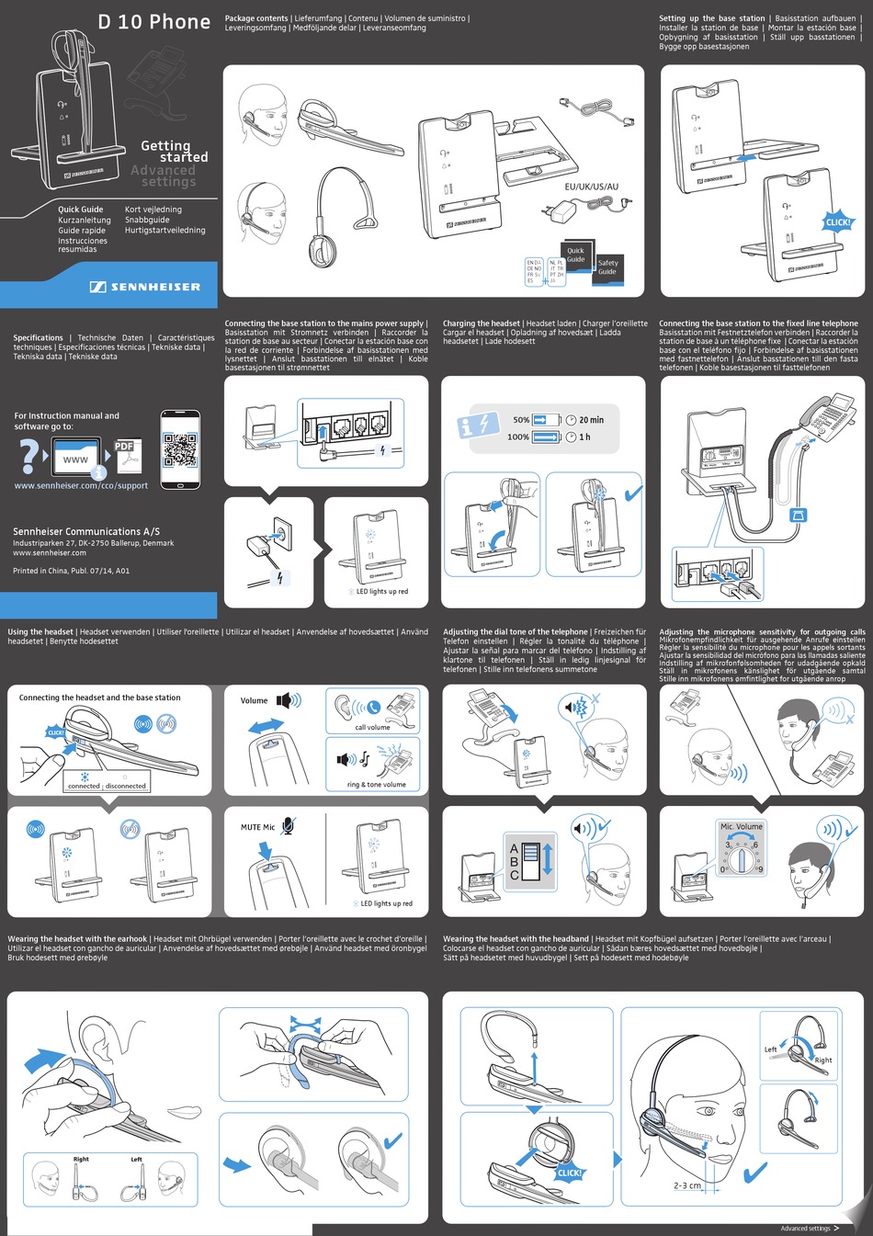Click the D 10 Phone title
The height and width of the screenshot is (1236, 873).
(153, 21)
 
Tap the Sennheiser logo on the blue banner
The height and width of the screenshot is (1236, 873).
(145, 287)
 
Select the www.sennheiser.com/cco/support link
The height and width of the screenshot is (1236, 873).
(81, 485)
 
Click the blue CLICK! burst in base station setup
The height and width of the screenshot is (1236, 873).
(837, 221)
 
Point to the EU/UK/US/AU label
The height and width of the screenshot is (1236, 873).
(591, 187)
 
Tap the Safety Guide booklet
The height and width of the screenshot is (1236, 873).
(607, 267)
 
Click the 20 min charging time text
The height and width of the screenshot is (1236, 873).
(591, 420)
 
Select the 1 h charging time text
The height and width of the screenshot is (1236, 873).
(584, 437)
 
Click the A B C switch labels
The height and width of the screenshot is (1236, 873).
(515, 862)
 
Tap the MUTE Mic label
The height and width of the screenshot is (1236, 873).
(257, 827)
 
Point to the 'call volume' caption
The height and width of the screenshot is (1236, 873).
(372, 727)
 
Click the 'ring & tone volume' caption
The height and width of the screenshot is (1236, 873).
(376, 785)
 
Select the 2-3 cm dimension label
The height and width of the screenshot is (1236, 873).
(687, 1185)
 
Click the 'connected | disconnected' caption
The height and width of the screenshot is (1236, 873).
(107, 786)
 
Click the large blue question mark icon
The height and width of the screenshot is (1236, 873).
(30, 456)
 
